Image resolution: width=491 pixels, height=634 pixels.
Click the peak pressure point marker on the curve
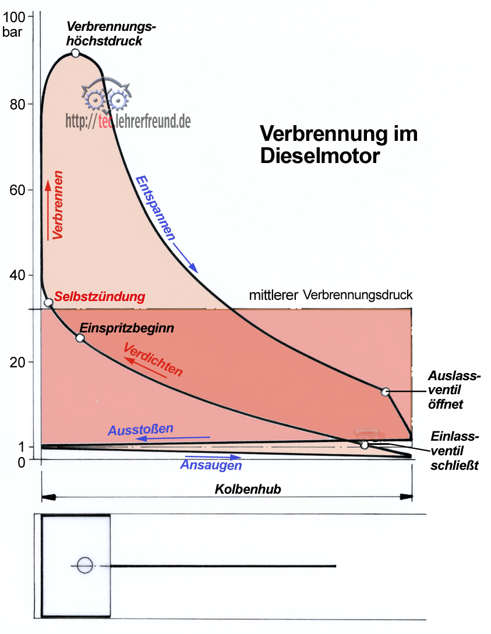pyautogui.click(x=75, y=53)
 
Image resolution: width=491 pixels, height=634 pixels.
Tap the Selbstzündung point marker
pyautogui.click(x=49, y=302)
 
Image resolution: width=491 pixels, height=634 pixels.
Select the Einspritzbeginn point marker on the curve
pyautogui.click(x=80, y=338)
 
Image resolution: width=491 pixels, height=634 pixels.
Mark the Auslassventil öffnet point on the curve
pyautogui.click(x=385, y=392)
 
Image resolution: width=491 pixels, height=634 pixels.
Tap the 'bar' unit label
pyautogui.click(x=13, y=31)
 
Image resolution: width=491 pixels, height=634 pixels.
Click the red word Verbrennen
pyautogui.click(x=57, y=204)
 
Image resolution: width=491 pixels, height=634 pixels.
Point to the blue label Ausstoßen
pyautogui.click(x=140, y=430)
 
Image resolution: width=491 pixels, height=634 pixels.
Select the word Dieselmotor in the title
pyautogui.click(x=320, y=156)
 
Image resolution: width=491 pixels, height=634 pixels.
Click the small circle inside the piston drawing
pyautogui.click(x=85, y=565)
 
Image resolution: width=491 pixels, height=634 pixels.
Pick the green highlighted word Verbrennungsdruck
pyautogui.click(x=342, y=295)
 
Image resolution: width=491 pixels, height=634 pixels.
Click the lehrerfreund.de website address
pyautogui.click(x=128, y=121)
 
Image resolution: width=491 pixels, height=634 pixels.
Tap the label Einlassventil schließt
pyautogui.click(x=454, y=451)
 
